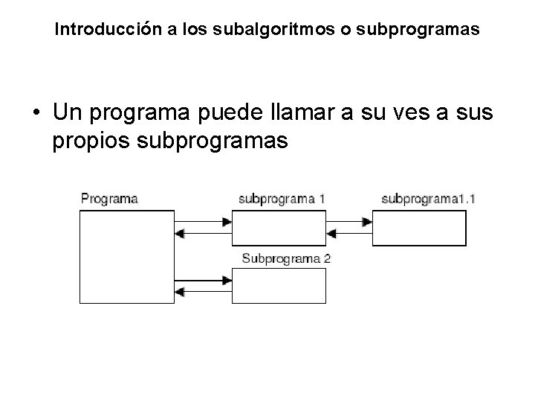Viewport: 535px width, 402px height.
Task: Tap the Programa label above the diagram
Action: tap(108, 199)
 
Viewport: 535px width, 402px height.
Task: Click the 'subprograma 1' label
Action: tap(282, 199)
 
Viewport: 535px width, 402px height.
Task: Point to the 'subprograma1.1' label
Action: tap(428, 199)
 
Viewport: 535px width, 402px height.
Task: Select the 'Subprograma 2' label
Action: tap(286, 259)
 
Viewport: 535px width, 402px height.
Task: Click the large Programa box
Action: tap(126, 256)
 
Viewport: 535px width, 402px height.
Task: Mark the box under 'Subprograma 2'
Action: tap(279, 285)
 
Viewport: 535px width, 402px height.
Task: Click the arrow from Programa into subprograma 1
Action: tap(204, 221)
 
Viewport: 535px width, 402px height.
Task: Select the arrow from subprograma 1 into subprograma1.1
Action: tap(349, 221)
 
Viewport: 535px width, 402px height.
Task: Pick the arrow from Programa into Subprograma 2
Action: tap(204, 280)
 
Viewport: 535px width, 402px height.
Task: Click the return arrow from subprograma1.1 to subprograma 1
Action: tap(349, 233)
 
